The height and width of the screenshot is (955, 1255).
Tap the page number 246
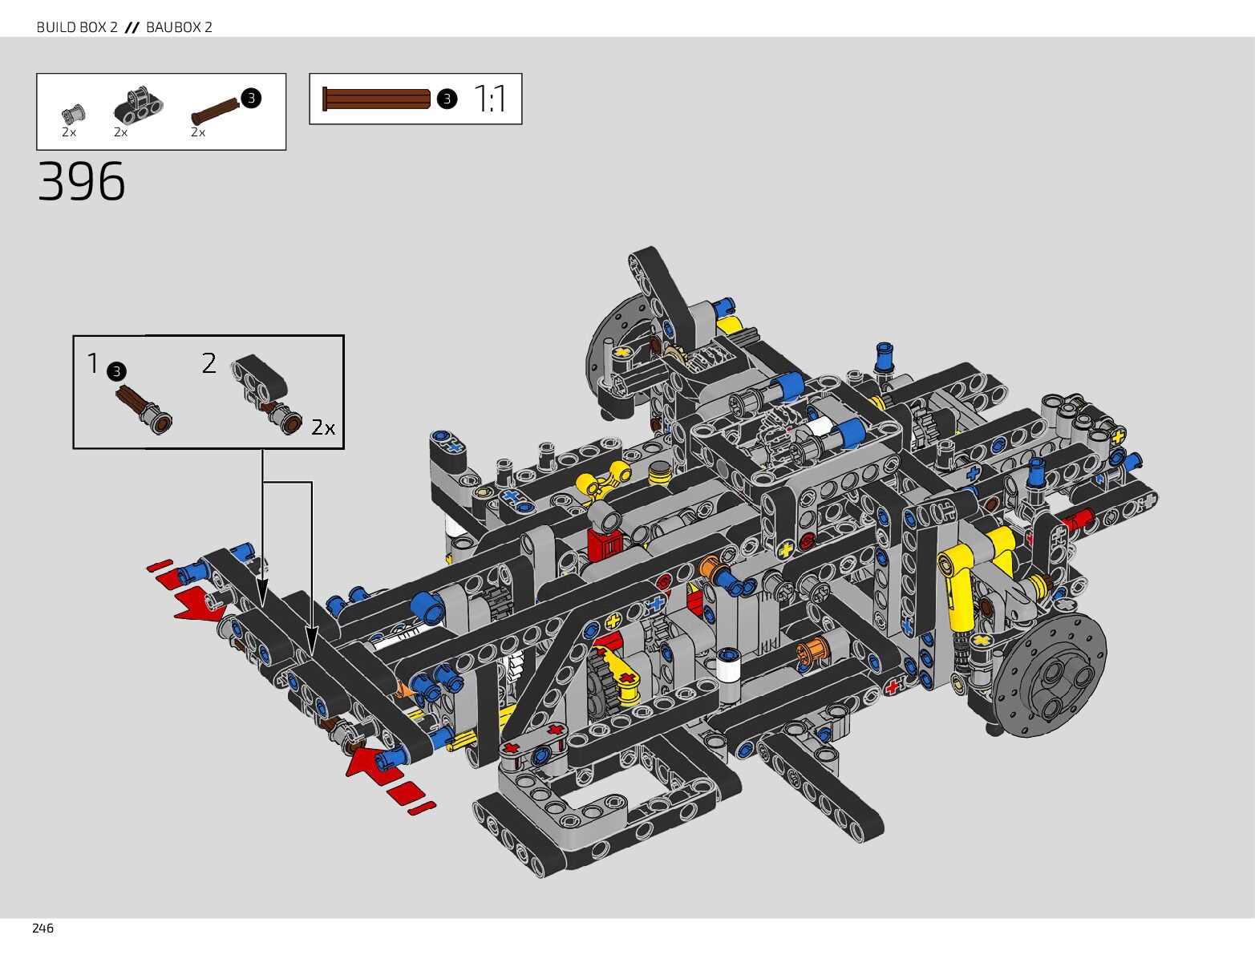click(x=43, y=929)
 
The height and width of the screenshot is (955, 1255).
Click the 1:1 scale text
click(x=490, y=99)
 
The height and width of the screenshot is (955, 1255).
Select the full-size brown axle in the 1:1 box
click(x=376, y=99)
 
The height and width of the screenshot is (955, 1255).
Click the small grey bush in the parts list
click(x=73, y=112)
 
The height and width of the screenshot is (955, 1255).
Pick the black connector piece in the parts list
click(x=139, y=105)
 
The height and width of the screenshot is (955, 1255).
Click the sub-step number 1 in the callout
click(x=93, y=363)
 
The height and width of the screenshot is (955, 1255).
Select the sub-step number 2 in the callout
click(x=209, y=363)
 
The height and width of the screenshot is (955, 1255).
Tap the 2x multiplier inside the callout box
click(x=323, y=427)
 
